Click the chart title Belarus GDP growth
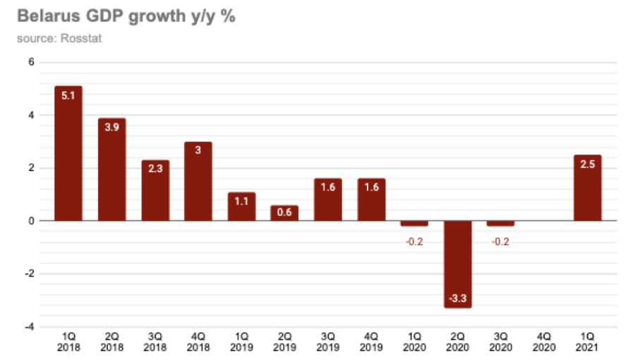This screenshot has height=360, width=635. (x=126, y=16)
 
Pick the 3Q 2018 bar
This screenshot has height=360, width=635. (x=155, y=191)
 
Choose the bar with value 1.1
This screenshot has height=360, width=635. (x=241, y=206)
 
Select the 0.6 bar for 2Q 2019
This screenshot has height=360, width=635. (x=284, y=213)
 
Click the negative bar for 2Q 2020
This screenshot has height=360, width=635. (x=457, y=264)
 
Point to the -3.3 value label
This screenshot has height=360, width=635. (x=457, y=299)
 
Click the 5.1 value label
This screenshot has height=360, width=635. (x=68, y=95)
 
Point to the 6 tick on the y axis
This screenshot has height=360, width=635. (x=31, y=62)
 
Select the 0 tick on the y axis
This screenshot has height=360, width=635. (x=31, y=221)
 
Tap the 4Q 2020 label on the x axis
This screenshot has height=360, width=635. (x=544, y=342)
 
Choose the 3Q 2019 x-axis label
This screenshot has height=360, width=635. (x=328, y=342)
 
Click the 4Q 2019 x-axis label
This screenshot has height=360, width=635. (x=371, y=342)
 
